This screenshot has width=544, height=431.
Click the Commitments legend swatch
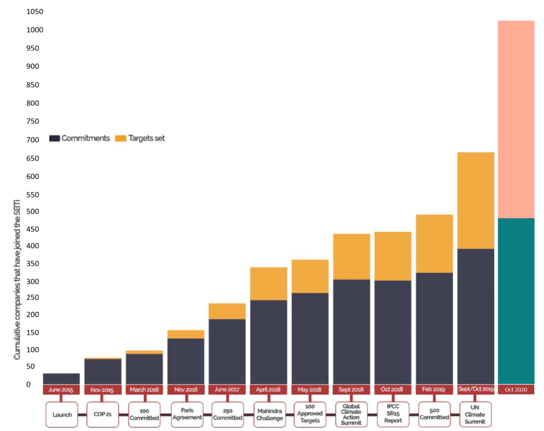(x=54, y=138)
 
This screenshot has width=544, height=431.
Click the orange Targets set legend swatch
(x=121, y=138)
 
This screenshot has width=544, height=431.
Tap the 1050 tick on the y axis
(x=35, y=12)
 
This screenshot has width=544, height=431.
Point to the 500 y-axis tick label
(x=32, y=212)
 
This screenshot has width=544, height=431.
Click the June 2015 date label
(x=61, y=390)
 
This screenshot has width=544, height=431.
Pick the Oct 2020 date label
(x=516, y=390)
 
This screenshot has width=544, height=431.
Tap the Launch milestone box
(x=62, y=415)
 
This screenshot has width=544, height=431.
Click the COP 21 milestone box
(x=103, y=415)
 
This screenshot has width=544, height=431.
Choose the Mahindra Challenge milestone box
(x=269, y=415)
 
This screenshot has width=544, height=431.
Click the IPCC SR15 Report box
(x=393, y=415)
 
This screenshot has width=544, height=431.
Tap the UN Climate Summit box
(x=475, y=415)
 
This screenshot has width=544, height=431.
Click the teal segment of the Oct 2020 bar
(x=516, y=301)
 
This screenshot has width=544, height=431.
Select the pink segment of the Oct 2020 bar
(x=516, y=120)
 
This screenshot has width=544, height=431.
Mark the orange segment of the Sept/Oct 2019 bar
(x=475, y=200)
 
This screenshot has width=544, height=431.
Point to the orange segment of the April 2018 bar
(x=269, y=284)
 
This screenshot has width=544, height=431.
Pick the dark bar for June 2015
(x=61, y=378)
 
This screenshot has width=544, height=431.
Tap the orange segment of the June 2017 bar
(x=227, y=311)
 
